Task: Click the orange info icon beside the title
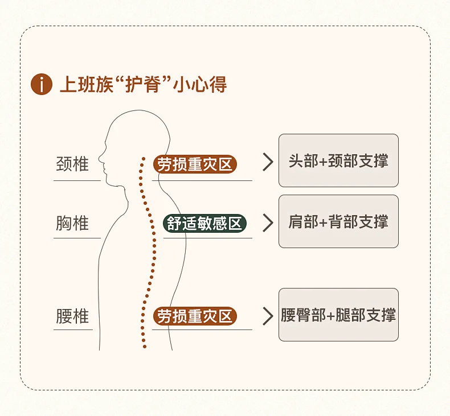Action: tap(41, 84)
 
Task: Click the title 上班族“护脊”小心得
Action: tap(142, 84)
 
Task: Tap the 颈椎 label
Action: tap(72, 164)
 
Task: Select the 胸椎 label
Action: tap(72, 223)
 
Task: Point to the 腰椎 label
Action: tap(72, 316)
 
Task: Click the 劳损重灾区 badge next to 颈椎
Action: tap(195, 164)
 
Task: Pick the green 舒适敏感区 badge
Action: tap(205, 223)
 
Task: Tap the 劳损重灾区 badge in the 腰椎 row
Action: tap(195, 316)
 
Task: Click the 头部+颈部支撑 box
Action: tap(338, 160)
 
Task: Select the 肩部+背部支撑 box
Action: tap(338, 221)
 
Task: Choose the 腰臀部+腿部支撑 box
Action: tap(338, 315)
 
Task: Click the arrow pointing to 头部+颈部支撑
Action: tap(268, 162)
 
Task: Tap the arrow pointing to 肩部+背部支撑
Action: tap(268, 223)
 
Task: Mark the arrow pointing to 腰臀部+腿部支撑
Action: tap(268, 316)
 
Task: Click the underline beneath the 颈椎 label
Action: tap(77, 181)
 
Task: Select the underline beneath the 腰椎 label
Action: tap(73, 329)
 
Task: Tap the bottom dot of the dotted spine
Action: tap(144, 346)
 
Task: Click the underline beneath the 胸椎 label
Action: tap(77, 238)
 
